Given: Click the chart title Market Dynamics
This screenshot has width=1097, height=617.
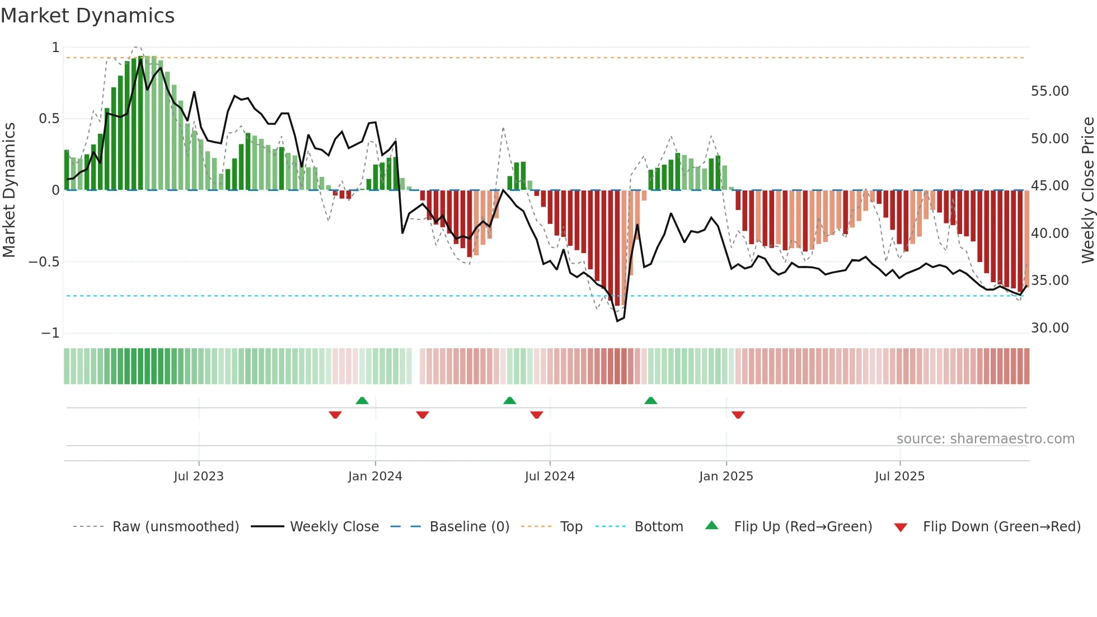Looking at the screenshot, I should coord(87,16).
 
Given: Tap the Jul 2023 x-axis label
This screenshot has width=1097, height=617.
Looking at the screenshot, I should coord(198,476).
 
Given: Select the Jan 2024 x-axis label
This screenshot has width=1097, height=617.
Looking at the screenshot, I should coord(375,476).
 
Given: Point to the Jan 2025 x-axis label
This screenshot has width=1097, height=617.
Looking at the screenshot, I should coord(726,476).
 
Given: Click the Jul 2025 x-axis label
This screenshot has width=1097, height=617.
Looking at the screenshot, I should coord(899,476).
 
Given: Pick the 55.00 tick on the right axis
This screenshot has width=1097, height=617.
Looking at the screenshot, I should coord(1049,91).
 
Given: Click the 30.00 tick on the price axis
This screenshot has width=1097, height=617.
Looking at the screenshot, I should coord(1049,328).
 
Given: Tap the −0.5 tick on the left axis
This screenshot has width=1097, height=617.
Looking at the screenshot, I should coord(44,262).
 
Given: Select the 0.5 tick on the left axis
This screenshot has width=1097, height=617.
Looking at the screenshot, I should coord(49,119).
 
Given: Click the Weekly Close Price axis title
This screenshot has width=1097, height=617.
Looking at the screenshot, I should coord(1087,190).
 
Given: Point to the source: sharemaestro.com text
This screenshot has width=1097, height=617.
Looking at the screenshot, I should coord(985,439).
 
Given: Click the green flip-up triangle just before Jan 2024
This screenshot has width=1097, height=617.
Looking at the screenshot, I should coord(362,400).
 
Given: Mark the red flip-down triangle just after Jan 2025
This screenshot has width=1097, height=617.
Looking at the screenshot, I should coord(738,415).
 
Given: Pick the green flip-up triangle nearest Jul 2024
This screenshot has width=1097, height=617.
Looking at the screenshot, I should coord(509,400).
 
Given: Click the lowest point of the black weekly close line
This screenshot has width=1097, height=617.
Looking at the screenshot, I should coord(617,321).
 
